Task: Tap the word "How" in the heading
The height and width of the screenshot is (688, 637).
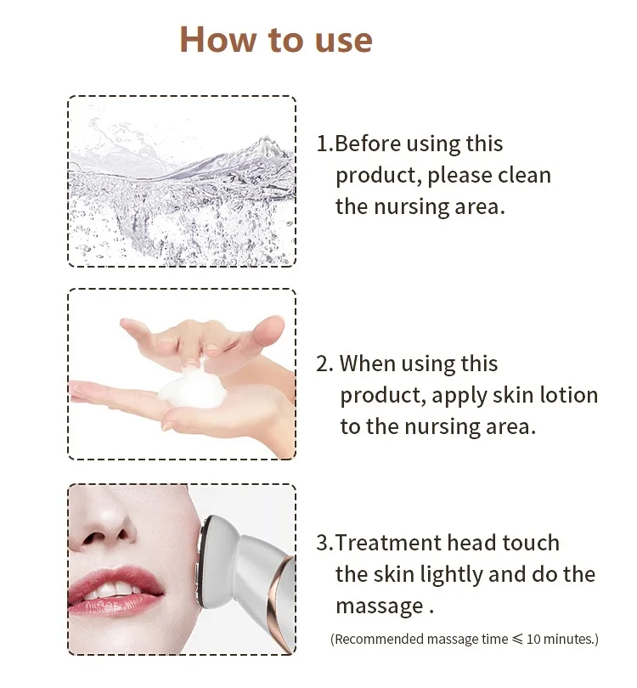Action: [x=217, y=39]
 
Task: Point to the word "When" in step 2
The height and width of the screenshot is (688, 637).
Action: [x=368, y=364]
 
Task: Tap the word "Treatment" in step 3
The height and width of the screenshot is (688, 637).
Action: [x=388, y=543]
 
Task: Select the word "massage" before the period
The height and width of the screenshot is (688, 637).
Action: [x=380, y=607]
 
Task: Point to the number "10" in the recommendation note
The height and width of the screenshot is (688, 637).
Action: [x=533, y=639]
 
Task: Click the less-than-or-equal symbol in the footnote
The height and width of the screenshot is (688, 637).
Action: [x=518, y=640]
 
